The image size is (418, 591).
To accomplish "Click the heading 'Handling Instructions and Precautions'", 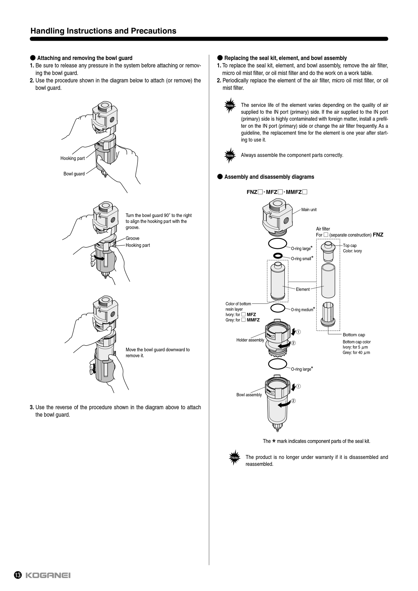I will pyautogui.click(x=103, y=31).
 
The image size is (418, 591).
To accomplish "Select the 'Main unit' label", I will pyautogui.click(x=309, y=210).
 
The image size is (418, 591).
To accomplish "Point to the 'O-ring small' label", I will pyautogui.click(x=301, y=259).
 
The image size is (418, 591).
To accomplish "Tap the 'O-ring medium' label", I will pyautogui.click(x=302, y=310).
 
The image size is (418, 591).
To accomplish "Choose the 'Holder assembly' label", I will pyautogui.click(x=250, y=340).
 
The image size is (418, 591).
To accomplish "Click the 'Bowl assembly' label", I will pyautogui.click(x=249, y=395).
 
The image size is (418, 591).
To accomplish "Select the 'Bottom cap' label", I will pyautogui.click(x=354, y=335).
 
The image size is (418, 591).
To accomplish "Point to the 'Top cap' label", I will pyautogui.click(x=350, y=245).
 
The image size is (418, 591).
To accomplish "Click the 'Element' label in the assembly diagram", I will pyautogui.click(x=303, y=289).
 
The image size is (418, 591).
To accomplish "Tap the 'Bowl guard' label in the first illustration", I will pyautogui.click(x=74, y=174).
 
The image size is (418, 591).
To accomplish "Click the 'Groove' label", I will pyautogui.click(x=132, y=238).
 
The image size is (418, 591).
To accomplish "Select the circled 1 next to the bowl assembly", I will pyautogui.click(x=299, y=386).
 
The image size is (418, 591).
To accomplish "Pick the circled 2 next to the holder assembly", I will pyautogui.click(x=293, y=343).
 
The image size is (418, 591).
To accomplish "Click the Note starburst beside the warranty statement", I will pyautogui.click(x=234, y=458).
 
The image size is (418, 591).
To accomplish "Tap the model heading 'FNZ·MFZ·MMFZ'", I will pyautogui.click(x=277, y=192).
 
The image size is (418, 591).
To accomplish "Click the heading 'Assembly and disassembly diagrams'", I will pyautogui.click(x=269, y=177).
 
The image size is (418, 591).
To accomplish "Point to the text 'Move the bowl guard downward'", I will pyautogui.click(x=158, y=350).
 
